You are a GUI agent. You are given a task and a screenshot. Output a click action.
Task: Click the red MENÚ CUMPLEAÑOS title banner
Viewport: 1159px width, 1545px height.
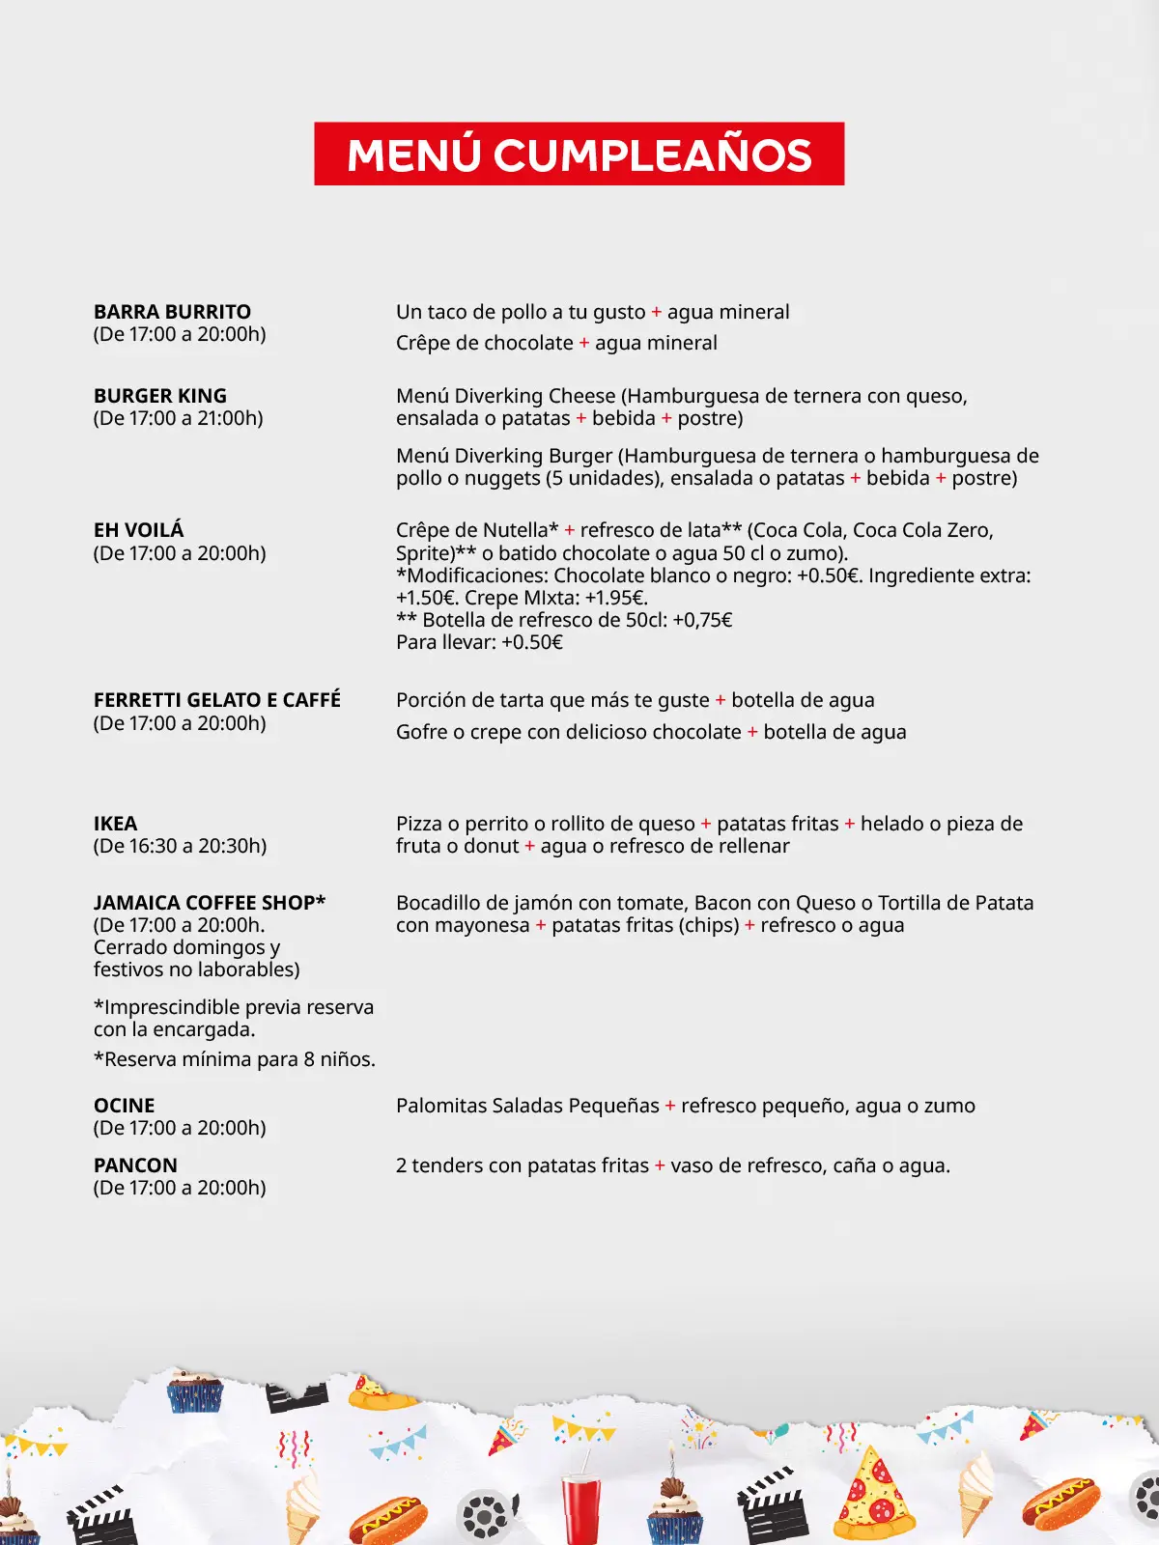point(579,154)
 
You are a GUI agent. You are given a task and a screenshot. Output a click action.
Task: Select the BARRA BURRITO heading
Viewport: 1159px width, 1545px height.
point(172,312)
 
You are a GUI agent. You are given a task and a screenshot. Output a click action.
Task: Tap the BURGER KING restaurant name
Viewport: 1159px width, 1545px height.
point(160,396)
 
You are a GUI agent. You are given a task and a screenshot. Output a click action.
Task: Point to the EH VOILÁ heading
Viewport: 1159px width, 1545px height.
point(138,530)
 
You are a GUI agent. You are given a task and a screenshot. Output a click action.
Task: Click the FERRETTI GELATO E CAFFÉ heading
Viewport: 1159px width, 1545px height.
point(217,700)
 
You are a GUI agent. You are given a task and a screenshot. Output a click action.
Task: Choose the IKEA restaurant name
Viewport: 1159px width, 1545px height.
point(115,824)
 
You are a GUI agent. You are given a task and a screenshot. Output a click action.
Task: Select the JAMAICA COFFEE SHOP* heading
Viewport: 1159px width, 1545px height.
point(210,903)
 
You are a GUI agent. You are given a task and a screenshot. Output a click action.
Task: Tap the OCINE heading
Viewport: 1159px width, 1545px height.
point(124,1106)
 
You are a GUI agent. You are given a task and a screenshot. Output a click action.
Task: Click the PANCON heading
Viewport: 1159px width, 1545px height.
point(135,1166)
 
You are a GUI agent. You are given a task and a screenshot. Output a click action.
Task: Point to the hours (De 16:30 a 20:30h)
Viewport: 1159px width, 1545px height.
point(180,846)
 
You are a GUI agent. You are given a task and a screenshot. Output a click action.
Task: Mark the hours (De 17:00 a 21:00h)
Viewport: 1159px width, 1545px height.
point(179,418)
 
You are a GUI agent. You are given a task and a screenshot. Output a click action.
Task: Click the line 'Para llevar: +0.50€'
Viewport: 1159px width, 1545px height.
point(479,642)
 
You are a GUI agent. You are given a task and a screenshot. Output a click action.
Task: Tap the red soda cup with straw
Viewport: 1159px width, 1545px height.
point(581,1506)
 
